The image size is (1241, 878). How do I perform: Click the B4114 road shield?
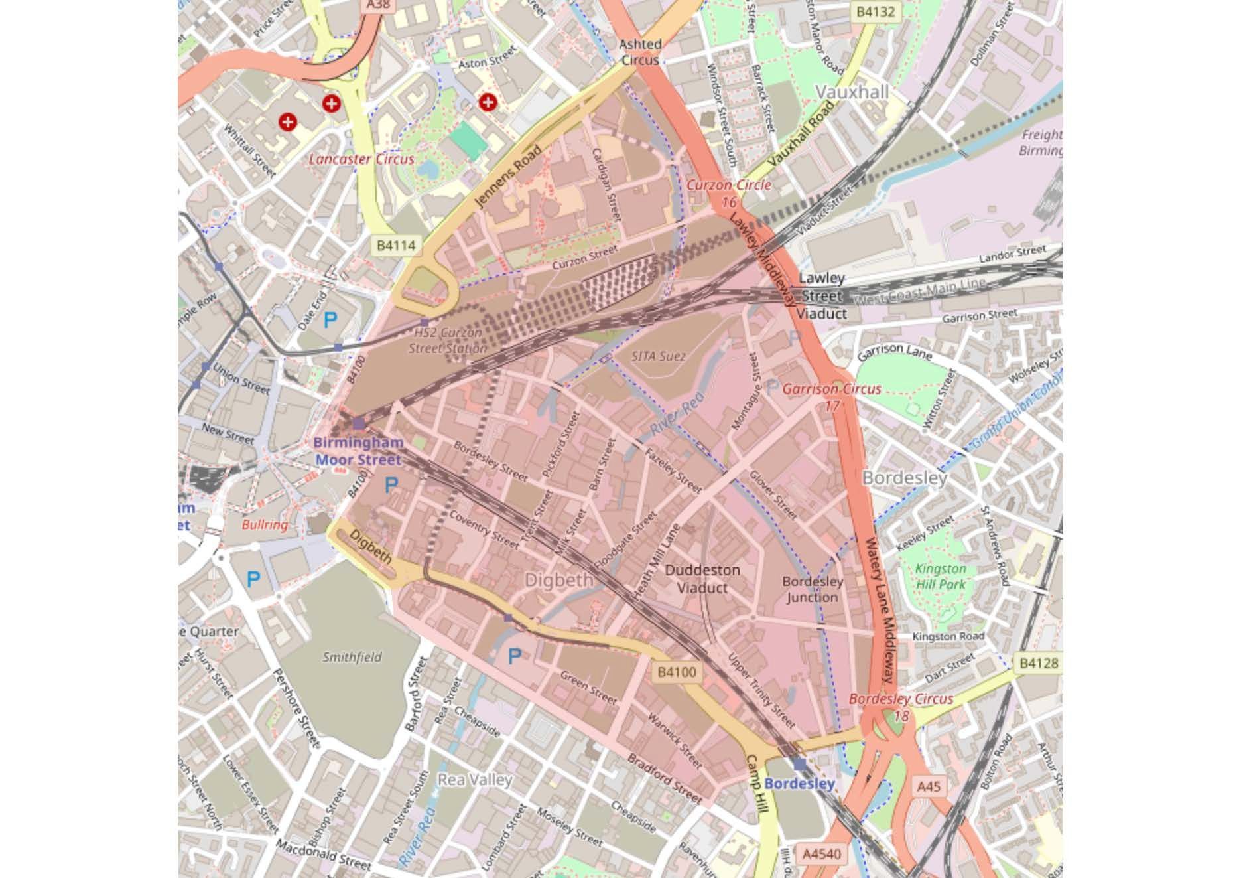(x=396, y=246)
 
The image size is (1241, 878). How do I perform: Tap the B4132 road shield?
(x=876, y=11)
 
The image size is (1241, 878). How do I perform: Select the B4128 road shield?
(x=1039, y=662)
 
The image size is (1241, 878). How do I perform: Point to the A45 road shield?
(x=929, y=786)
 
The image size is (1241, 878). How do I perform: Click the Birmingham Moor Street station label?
(x=358, y=451)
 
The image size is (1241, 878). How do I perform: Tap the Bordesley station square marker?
(x=799, y=764)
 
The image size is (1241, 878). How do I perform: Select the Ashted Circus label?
(x=640, y=52)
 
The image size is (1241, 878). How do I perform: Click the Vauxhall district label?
(x=852, y=92)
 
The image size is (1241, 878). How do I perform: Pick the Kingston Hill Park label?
(x=941, y=577)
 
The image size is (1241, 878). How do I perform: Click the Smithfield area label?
(x=352, y=657)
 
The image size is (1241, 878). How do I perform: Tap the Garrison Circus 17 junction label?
(x=832, y=396)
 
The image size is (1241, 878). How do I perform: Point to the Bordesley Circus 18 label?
(x=901, y=707)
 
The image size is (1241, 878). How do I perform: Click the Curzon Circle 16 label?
(x=729, y=192)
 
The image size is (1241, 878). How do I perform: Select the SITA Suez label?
(x=659, y=356)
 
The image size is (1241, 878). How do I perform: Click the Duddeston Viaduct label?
(x=702, y=579)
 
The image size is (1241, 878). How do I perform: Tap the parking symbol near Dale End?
(x=330, y=321)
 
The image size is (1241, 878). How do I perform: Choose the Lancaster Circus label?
(x=361, y=159)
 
